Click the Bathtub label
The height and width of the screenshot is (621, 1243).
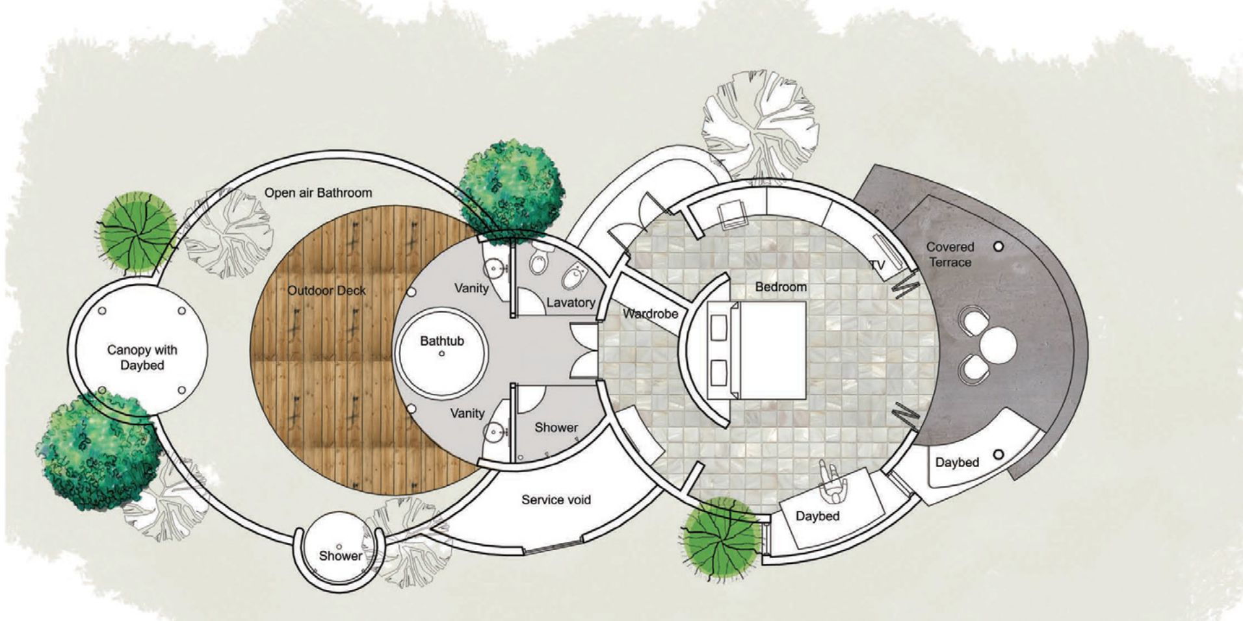pos(442,341)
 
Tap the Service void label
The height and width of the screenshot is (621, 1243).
pos(556,500)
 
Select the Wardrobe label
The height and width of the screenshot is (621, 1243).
pos(650,314)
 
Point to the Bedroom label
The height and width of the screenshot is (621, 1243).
pos(781,286)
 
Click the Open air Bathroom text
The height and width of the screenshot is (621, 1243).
pos(318,193)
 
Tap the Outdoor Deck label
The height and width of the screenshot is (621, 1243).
pos(326,290)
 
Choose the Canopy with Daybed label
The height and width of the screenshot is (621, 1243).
pos(142,357)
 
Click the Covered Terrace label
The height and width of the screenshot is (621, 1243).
pos(950,255)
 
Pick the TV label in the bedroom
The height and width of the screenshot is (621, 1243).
pos(877,264)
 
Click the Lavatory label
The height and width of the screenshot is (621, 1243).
pos(570,302)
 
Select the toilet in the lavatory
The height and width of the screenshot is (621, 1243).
pos(538,260)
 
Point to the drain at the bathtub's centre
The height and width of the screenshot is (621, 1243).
pos(442,354)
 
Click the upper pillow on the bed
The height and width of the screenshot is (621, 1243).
pos(718,328)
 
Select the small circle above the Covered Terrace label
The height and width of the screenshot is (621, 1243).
pos(999,246)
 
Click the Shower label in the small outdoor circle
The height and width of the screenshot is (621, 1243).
pos(341,556)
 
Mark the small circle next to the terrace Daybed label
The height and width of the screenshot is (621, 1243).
pos(999,455)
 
